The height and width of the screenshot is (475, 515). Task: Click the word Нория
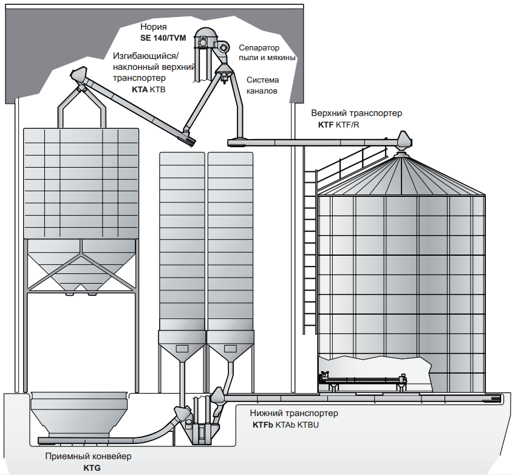(154, 27)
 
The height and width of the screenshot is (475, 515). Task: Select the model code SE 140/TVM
(163, 38)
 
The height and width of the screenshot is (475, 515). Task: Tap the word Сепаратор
(259, 48)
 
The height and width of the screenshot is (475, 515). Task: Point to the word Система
(263, 80)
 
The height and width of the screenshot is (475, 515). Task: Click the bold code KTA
(140, 90)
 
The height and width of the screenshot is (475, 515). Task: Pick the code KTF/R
(347, 125)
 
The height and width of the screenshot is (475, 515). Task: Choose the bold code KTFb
(263, 425)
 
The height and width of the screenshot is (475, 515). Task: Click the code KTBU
(308, 425)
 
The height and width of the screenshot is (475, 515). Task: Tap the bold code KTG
(92, 468)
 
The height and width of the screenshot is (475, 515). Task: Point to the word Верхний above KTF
(329, 114)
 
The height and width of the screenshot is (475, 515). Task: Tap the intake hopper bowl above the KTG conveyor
(79, 413)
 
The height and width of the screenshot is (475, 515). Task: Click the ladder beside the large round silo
(310, 250)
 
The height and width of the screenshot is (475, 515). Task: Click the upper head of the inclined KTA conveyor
(80, 75)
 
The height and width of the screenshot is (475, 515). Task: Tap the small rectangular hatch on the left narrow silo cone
(182, 348)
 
